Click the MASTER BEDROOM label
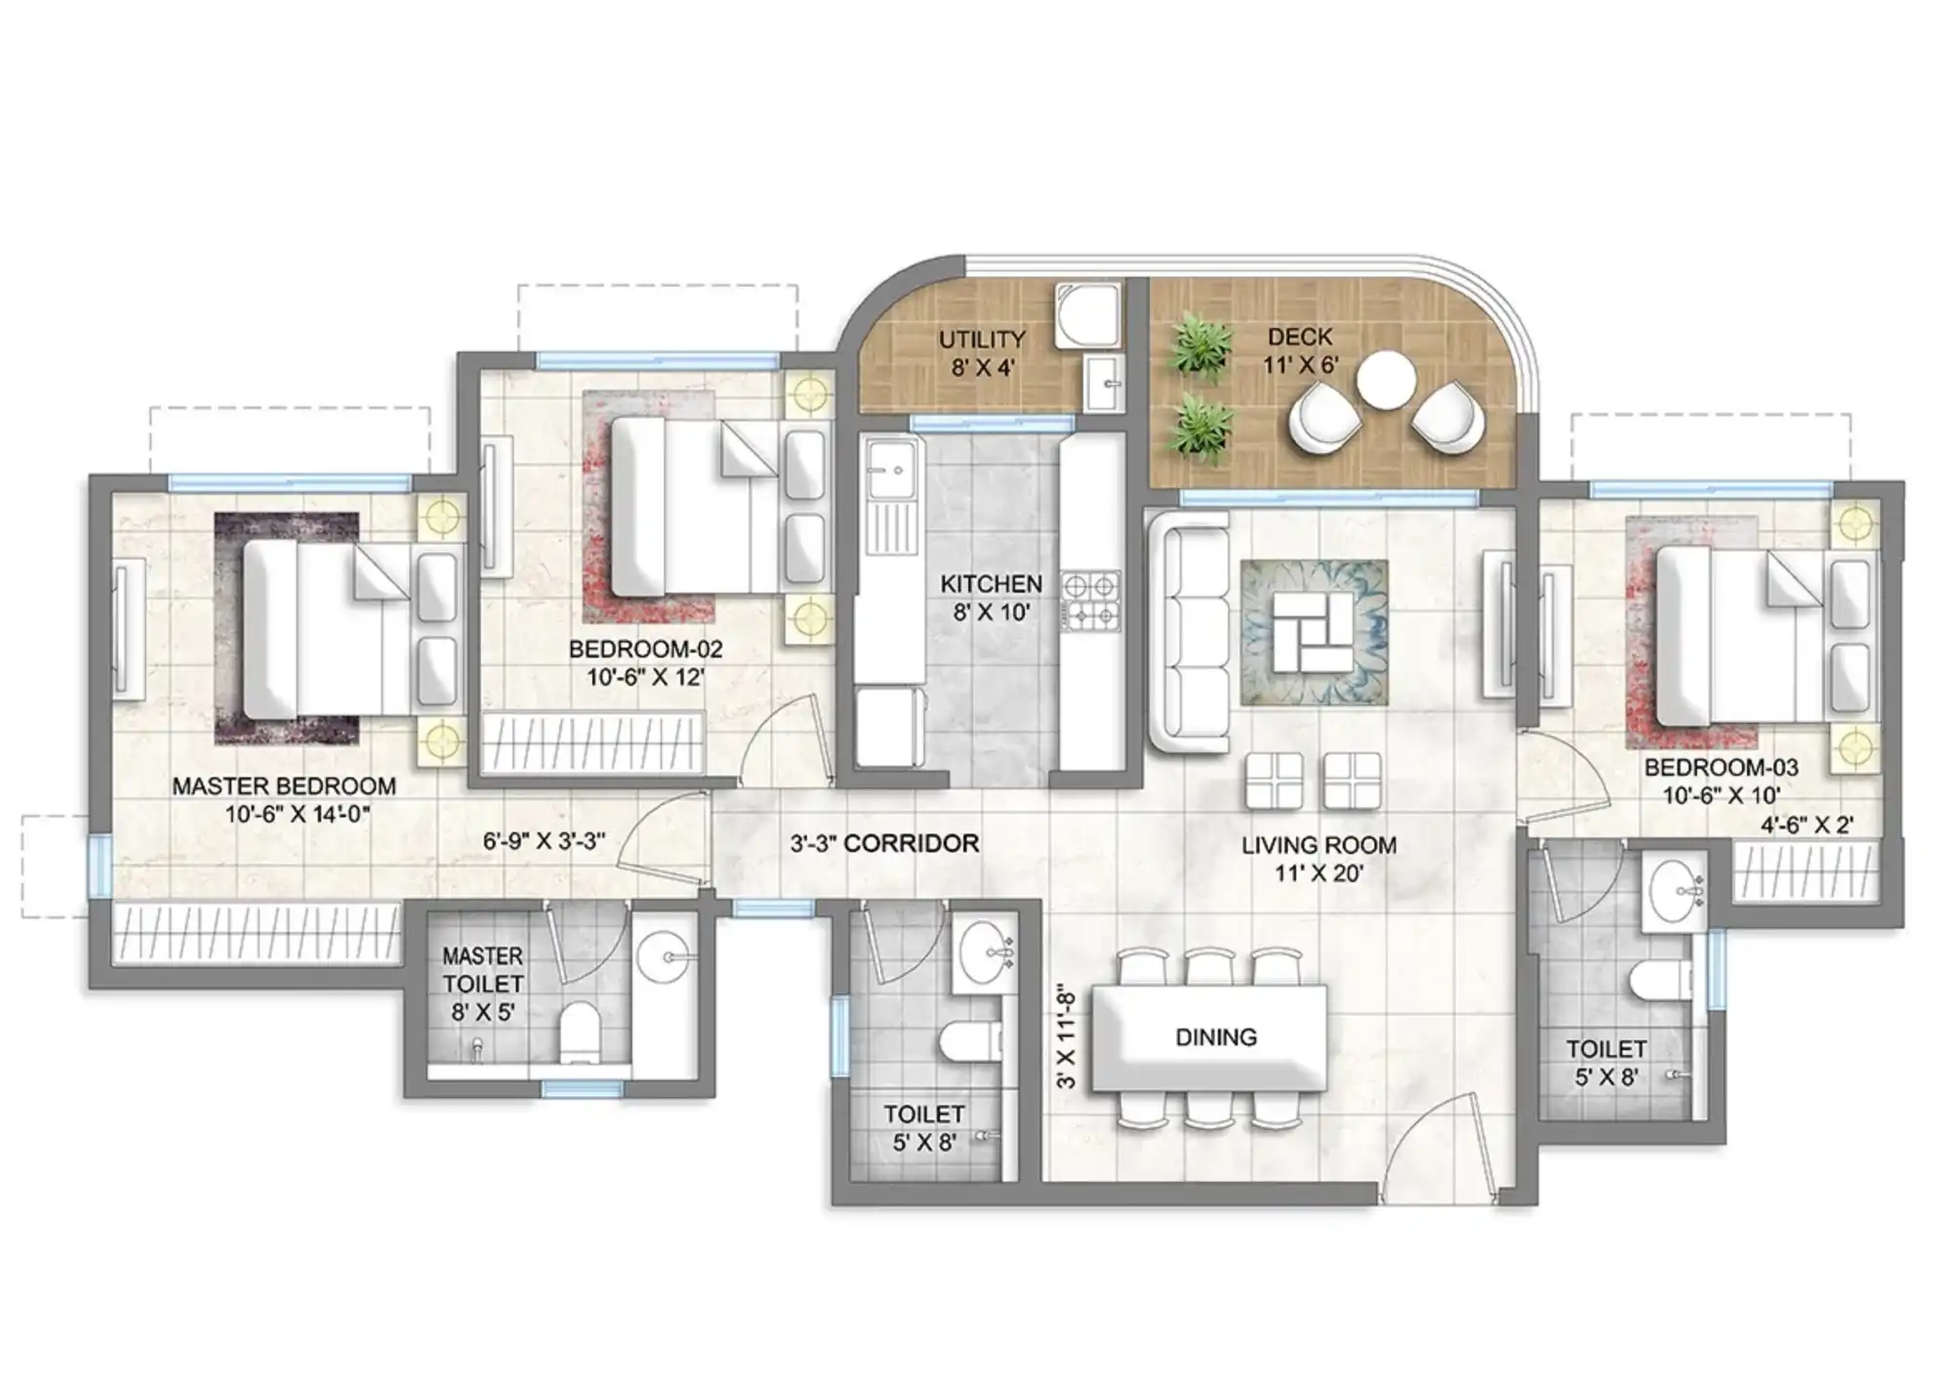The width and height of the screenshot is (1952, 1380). (284, 786)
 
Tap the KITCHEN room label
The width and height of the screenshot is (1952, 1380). (991, 584)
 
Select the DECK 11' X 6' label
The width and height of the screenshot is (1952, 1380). (1300, 350)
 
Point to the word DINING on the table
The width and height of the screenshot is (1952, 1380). (1215, 1036)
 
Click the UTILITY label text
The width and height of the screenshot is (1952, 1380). (982, 340)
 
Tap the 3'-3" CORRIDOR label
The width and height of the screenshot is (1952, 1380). (884, 843)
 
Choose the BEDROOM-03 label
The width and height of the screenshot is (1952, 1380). (1721, 768)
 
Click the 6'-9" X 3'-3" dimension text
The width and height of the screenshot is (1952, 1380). (544, 840)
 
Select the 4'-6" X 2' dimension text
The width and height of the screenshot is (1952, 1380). (1807, 825)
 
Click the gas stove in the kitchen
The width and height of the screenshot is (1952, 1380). (1090, 600)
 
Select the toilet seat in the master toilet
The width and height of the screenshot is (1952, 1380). (580, 1032)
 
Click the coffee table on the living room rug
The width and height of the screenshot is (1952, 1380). (1313, 630)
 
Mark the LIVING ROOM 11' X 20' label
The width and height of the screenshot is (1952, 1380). (1319, 859)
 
